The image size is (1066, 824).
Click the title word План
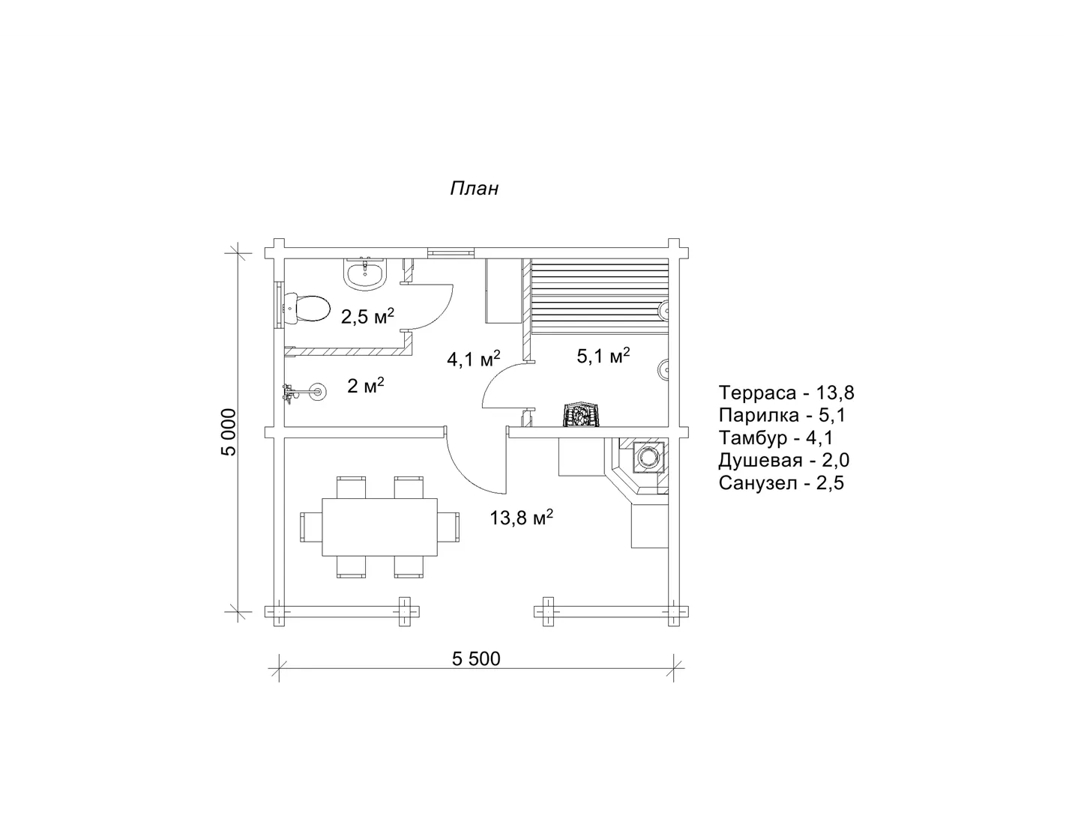474,189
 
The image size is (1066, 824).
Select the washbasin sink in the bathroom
366,273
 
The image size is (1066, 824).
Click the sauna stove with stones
581,415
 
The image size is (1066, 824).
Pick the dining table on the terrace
379,527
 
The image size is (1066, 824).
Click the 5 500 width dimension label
476,658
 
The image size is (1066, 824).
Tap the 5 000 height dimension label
229,432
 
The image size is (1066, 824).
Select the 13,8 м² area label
522,517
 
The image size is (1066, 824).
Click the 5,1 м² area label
603,355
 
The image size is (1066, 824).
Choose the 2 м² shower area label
366,385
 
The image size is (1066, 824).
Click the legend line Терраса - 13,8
786,393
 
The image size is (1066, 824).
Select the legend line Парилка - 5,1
782,415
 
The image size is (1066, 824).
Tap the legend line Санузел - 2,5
781,483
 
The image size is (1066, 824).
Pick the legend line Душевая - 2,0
784,460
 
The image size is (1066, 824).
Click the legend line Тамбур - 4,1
776,437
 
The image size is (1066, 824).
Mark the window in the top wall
451,252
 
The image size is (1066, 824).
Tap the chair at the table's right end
449,527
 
